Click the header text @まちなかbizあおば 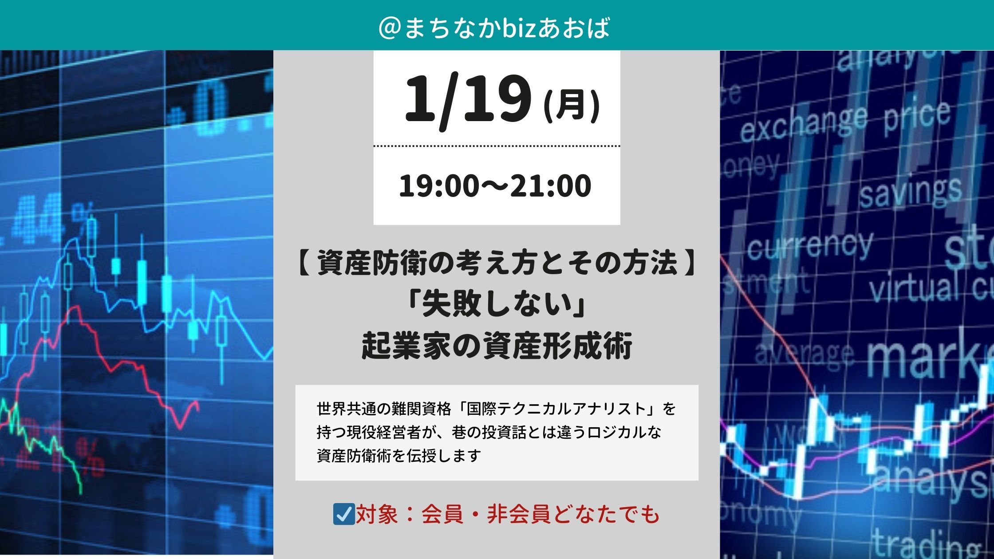click(494, 28)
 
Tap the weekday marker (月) click(572, 106)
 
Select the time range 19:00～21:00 click(495, 186)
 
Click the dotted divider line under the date click(497, 146)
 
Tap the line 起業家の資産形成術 click(497, 346)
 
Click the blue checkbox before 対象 click(343, 514)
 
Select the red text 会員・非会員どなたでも click(540, 515)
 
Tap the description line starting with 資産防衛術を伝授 click(398, 456)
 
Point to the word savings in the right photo click(910, 193)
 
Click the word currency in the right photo click(809, 247)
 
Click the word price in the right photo click(916, 116)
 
